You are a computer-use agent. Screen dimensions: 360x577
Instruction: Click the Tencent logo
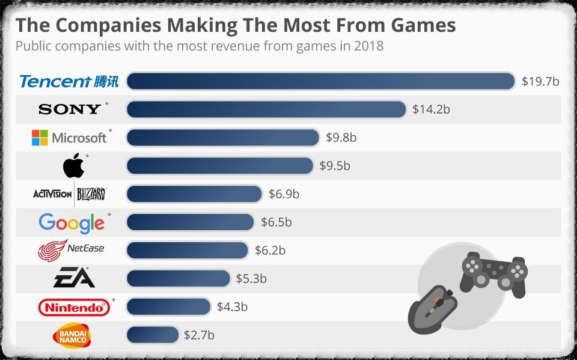pyautogui.click(x=69, y=81)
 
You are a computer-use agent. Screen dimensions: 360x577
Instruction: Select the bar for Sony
pyautogui.click(x=266, y=109)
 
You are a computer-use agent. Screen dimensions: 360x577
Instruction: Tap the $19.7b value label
pyautogui.click(x=540, y=81)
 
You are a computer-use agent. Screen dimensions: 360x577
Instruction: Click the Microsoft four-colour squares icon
pyautogui.click(x=40, y=138)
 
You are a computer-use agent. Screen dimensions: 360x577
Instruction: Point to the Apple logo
pyautogui.click(x=73, y=165)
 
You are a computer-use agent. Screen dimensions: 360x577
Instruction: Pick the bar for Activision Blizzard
pyautogui.click(x=194, y=194)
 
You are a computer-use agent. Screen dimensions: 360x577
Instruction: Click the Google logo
pyautogui.click(x=72, y=223)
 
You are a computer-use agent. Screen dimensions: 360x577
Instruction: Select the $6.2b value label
pyautogui.click(x=270, y=250)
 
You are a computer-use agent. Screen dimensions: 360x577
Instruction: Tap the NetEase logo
pyautogui.click(x=71, y=250)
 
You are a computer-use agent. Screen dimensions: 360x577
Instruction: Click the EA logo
pyautogui.click(x=73, y=278)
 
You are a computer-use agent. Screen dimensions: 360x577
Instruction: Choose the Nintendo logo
pyautogui.click(x=74, y=308)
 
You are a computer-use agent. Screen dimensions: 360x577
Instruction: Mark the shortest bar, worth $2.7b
pyautogui.click(x=153, y=335)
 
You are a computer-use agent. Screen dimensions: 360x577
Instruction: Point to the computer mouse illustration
pyautogui.click(x=432, y=308)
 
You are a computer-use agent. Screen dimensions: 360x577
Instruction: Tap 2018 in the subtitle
pyautogui.click(x=368, y=46)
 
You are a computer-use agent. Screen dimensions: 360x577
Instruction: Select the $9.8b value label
pyautogui.click(x=341, y=138)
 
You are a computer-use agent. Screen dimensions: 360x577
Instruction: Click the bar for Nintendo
pyautogui.click(x=169, y=307)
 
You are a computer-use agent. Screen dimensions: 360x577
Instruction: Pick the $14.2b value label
pyautogui.click(x=431, y=109)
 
